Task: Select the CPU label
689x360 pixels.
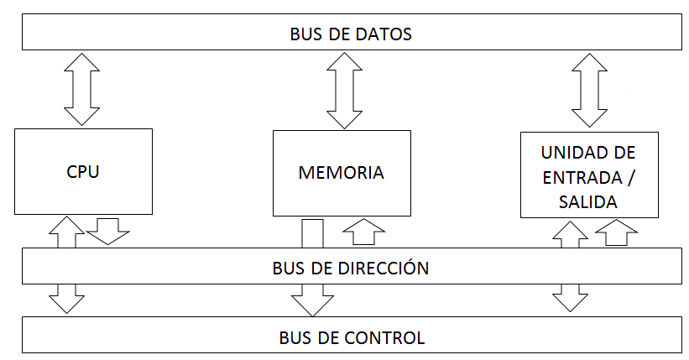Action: (x=83, y=171)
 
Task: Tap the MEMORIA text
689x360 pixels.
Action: (x=342, y=173)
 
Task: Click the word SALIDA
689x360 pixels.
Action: (x=588, y=202)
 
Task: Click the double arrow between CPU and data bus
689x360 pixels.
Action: (x=81, y=89)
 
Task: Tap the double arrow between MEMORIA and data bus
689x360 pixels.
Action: (x=344, y=91)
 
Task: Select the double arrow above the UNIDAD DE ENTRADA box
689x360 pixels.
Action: (x=590, y=90)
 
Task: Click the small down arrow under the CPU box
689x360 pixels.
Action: (x=108, y=232)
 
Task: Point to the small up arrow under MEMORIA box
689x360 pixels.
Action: (x=364, y=232)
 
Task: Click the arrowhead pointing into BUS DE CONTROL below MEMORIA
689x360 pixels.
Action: (x=312, y=305)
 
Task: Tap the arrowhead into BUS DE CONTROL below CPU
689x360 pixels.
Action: (x=67, y=304)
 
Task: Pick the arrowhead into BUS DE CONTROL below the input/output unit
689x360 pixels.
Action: (x=571, y=302)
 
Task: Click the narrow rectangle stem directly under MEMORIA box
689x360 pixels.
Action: (x=312, y=233)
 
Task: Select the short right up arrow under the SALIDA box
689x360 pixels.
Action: (x=617, y=232)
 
